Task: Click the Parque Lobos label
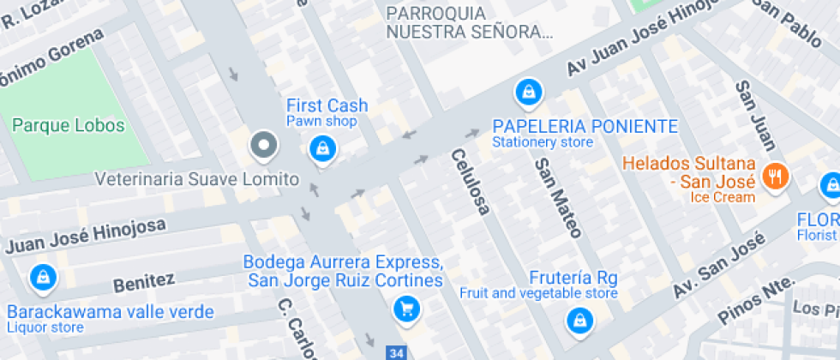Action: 69,126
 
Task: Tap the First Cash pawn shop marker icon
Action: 322,148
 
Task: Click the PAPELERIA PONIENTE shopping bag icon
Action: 528,90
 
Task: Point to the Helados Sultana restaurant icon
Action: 777,177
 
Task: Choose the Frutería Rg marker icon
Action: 580,321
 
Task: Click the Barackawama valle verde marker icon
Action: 41,277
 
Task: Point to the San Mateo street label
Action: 558,198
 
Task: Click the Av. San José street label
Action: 719,267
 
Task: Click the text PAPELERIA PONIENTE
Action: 585,126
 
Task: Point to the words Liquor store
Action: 45,327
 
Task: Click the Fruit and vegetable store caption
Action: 538,293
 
